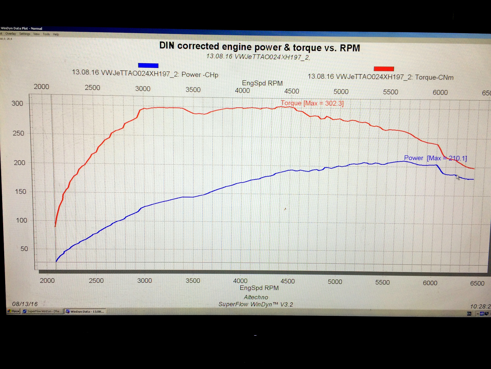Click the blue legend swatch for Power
click(x=148, y=66)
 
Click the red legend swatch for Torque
click(x=384, y=69)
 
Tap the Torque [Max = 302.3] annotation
click(x=312, y=103)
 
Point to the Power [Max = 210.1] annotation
click(x=435, y=158)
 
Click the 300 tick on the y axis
click(x=17, y=104)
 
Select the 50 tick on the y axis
click(x=24, y=249)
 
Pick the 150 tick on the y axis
click(x=20, y=192)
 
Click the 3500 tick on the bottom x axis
click(x=193, y=281)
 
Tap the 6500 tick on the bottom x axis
click(x=477, y=283)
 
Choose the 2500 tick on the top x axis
click(x=92, y=88)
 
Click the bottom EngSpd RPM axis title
click(x=259, y=288)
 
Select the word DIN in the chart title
click(x=167, y=46)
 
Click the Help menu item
click(x=56, y=34)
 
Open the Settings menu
click(x=25, y=34)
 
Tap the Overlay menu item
click(x=10, y=34)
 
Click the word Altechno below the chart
click(x=256, y=297)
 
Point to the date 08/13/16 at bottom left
click(x=25, y=304)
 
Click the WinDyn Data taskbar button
click(x=85, y=312)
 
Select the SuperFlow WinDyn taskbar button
click(x=42, y=311)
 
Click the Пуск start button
click(x=14, y=311)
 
